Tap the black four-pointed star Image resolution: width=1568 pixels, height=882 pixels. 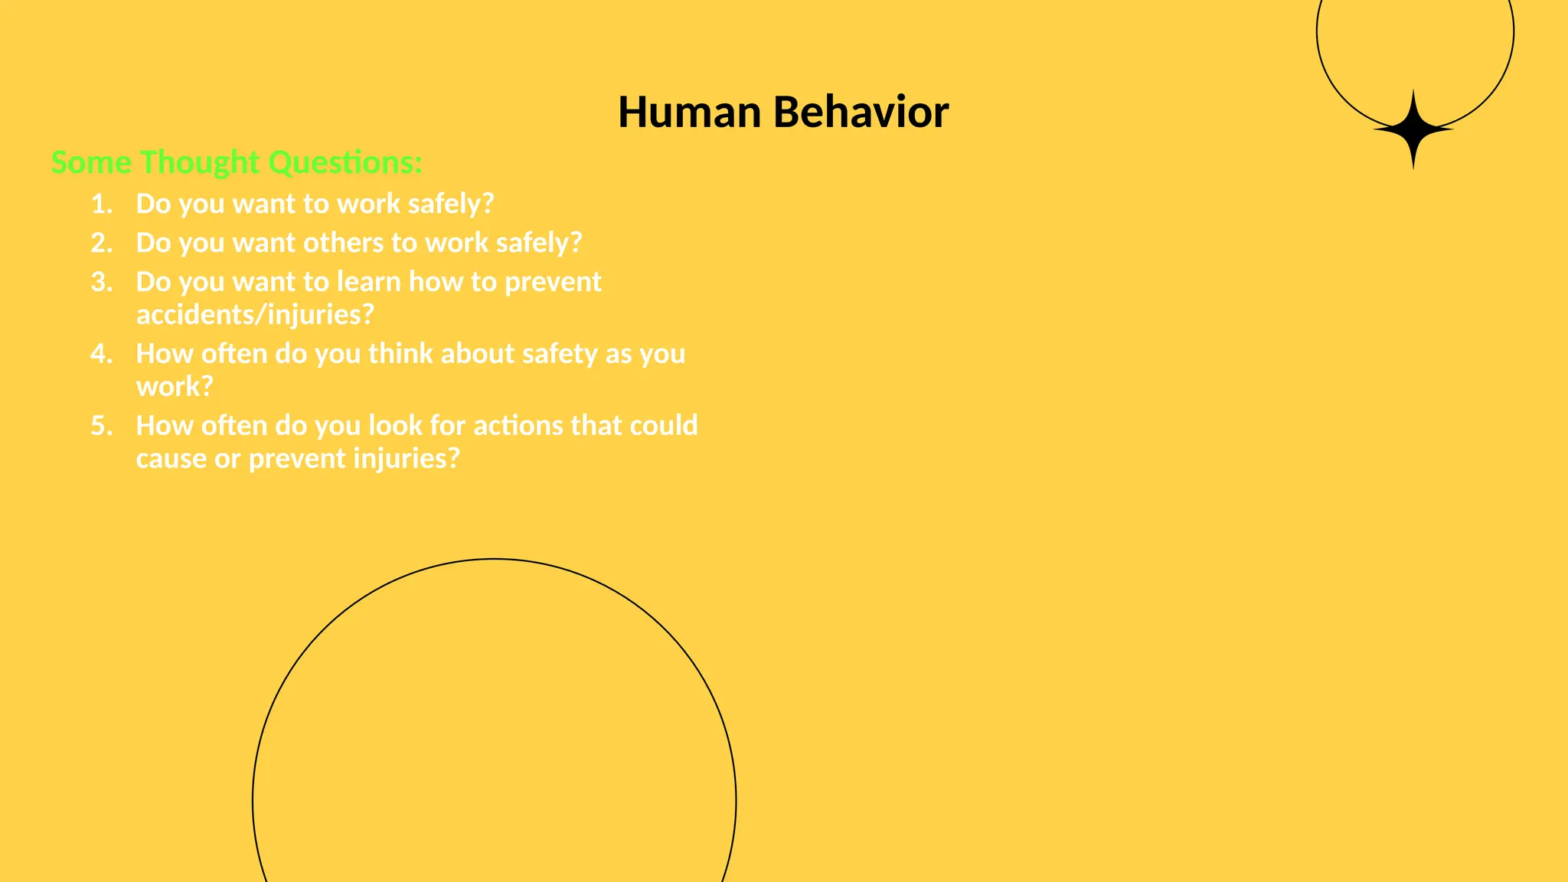[x=1413, y=130]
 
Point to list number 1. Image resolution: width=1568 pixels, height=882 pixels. [x=102, y=204]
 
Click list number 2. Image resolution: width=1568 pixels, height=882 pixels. [x=102, y=243]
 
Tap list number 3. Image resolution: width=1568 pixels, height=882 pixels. [x=102, y=283]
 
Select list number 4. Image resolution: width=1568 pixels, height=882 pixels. [x=102, y=354]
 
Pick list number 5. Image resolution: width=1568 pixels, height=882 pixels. [x=102, y=426]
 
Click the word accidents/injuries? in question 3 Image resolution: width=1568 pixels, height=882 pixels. [x=255, y=315]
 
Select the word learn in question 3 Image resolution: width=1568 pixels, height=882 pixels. [x=369, y=283]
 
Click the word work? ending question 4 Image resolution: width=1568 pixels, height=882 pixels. [x=175, y=387]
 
